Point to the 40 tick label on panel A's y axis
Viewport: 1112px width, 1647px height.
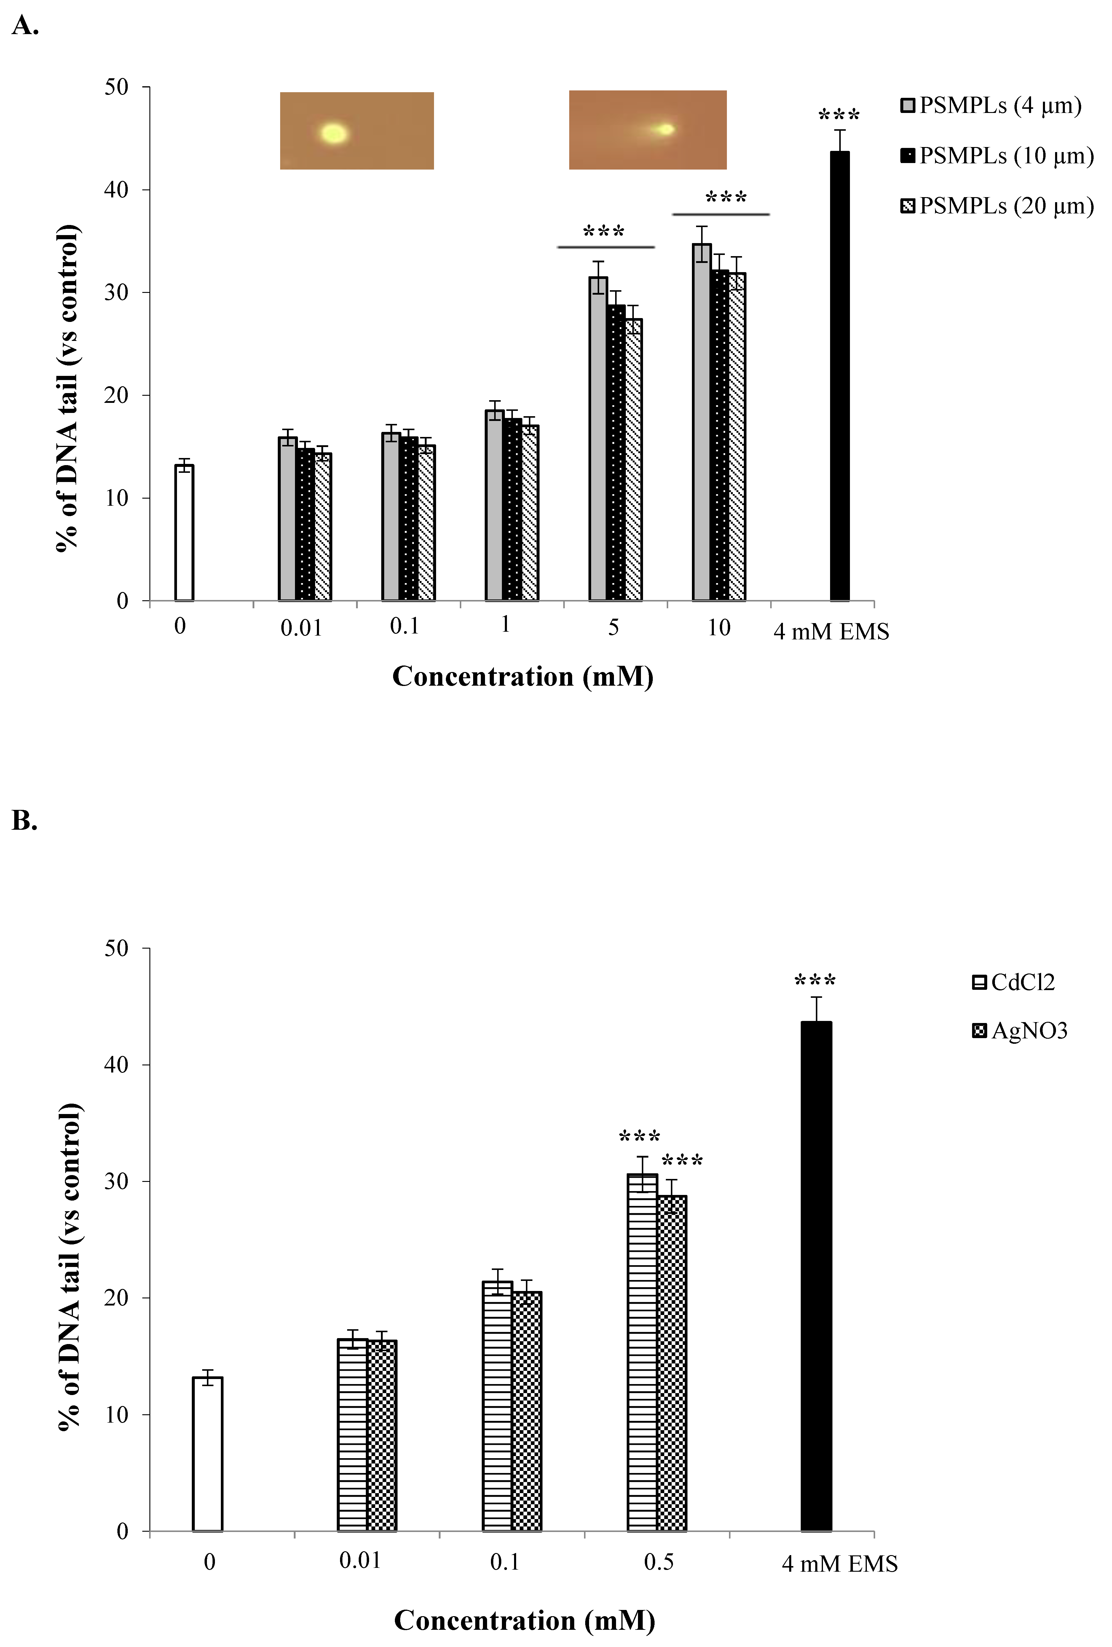[x=116, y=190]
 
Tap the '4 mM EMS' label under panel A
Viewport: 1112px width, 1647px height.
[x=831, y=631]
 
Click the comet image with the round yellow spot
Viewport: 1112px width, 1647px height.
[x=357, y=130]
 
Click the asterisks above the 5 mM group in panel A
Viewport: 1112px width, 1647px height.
[x=604, y=231]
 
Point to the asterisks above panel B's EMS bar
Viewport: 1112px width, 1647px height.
[x=815, y=980]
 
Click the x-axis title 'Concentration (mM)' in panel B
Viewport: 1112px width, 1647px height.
[x=524, y=1620]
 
